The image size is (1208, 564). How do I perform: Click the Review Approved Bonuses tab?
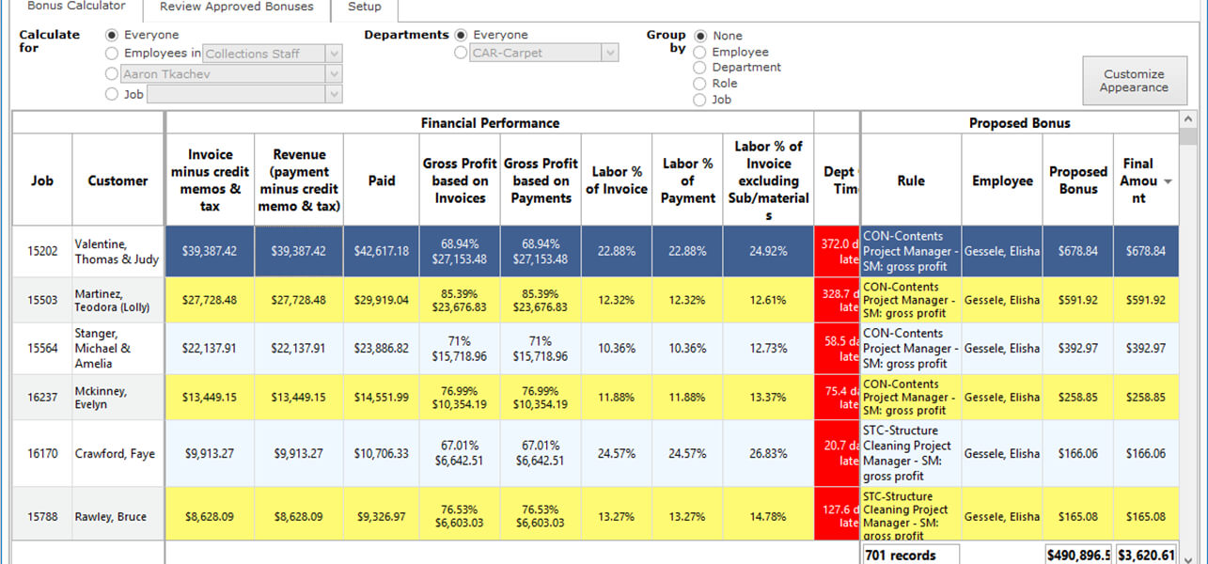pyautogui.click(x=236, y=7)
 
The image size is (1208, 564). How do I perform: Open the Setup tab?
pyautogui.click(x=365, y=7)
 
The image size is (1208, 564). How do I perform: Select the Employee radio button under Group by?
pyautogui.click(x=699, y=52)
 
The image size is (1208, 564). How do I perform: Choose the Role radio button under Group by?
pyautogui.click(x=699, y=84)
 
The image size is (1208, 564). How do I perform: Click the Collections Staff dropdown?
pyautogui.click(x=273, y=54)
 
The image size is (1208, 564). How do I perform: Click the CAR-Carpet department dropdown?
pyautogui.click(x=543, y=54)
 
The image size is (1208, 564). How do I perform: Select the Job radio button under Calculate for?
pyautogui.click(x=113, y=94)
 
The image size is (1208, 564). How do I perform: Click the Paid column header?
pyautogui.click(x=382, y=180)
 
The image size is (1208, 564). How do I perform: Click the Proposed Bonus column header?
pyautogui.click(x=1077, y=180)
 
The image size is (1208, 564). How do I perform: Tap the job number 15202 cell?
pyautogui.click(x=42, y=252)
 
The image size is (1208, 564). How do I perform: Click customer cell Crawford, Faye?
pyautogui.click(x=116, y=454)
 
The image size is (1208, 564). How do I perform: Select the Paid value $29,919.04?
pyautogui.click(x=382, y=301)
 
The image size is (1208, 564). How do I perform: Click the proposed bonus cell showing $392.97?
pyautogui.click(x=1077, y=349)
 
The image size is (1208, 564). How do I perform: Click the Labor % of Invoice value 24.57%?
pyautogui.click(x=617, y=454)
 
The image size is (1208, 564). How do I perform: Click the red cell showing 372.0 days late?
pyautogui.click(x=837, y=251)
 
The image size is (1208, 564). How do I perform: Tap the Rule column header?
pyautogui.click(x=910, y=180)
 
